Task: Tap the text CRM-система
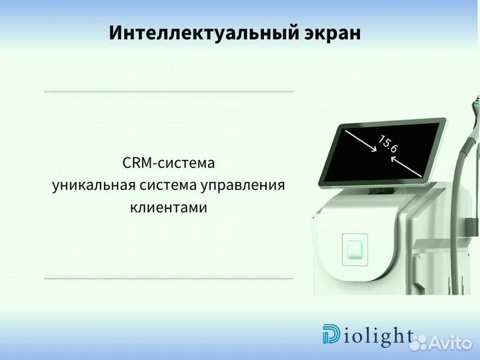pyautogui.click(x=169, y=163)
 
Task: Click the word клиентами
pyautogui.click(x=168, y=207)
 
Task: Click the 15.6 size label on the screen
pyautogui.click(x=388, y=144)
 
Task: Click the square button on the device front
pyautogui.click(x=355, y=249)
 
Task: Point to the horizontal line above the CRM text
pyautogui.click(x=168, y=91)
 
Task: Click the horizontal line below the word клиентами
pyautogui.click(x=168, y=277)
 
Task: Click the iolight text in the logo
pyautogui.click(x=377, y=335)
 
